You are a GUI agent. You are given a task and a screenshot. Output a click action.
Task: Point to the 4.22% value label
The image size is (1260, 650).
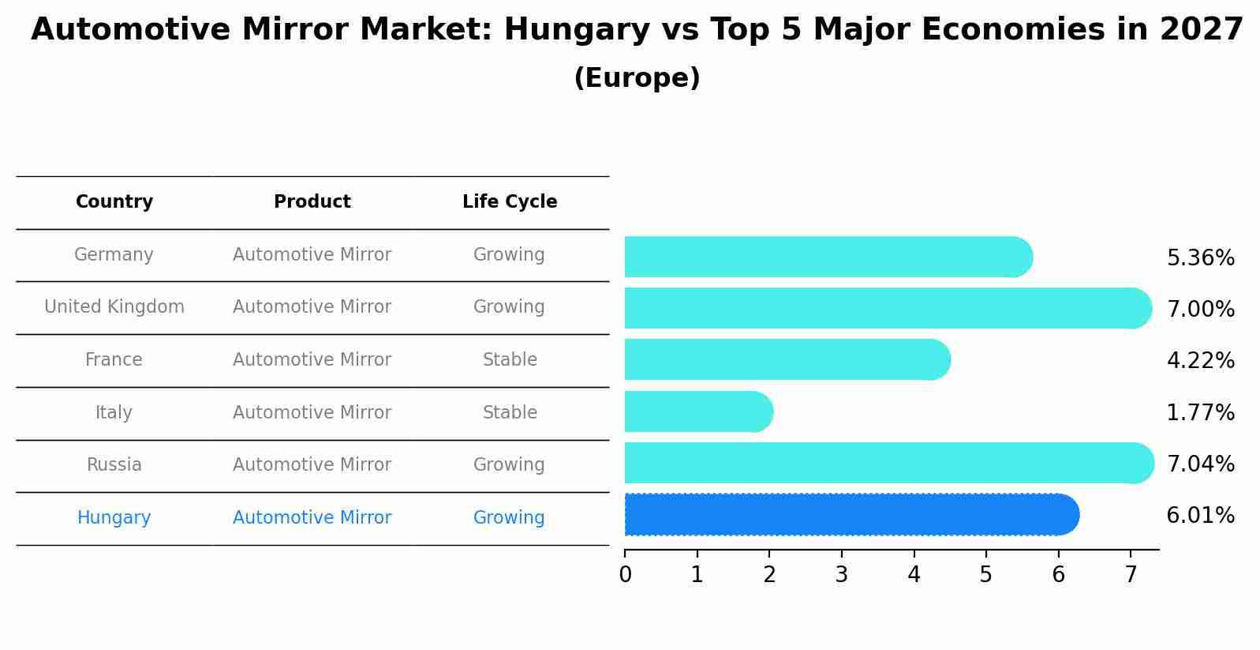click(x=1200, y=361)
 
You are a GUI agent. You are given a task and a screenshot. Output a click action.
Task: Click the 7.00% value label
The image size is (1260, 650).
click(x=1200, y=310)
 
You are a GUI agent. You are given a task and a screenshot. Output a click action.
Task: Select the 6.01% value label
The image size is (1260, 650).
click(x=1200, y=516)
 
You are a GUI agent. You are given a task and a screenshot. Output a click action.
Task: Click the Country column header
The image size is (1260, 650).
click(x=114, y=202)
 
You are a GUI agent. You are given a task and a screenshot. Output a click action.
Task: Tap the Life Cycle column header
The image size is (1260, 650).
click(x=510, y=202)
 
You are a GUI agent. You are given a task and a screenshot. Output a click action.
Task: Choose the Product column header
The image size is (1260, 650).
click(x=312, y=202)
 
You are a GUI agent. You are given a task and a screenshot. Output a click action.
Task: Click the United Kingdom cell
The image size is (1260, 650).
click(x=114, y=307)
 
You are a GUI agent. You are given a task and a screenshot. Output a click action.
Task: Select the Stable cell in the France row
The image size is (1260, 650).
click(x=510, y=360)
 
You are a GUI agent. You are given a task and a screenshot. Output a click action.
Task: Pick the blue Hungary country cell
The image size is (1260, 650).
click(x=114, y=518)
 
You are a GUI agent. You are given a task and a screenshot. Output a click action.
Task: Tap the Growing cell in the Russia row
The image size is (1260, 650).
click(x=509, y=465)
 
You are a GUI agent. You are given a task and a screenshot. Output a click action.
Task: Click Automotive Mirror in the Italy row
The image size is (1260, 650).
click(x=312, y=413)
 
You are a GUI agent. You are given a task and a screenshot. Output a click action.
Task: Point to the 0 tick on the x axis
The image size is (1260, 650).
click(x=625, y=575)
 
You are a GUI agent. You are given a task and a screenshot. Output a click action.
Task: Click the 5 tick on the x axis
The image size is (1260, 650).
click(x=986, y=575)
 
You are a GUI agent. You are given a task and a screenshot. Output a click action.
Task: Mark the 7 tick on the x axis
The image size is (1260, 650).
click(x=1131, y=575)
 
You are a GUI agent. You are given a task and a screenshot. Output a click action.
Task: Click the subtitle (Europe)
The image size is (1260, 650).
click(x=637, y=78)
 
